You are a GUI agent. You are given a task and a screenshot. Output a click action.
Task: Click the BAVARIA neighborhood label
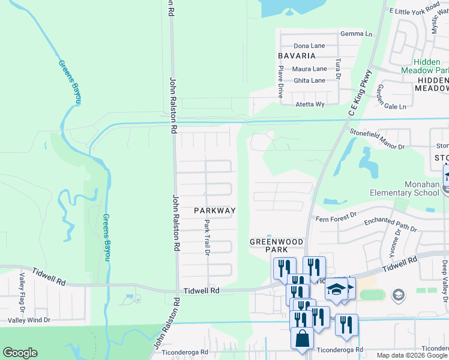[297, 56]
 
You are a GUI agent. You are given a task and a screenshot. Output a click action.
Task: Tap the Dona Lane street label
[309, 46]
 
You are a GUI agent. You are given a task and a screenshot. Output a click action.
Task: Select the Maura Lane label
[309, 69]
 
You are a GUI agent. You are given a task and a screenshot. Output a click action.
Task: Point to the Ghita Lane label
[309, 80]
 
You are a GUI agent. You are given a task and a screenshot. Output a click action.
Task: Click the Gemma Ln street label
[357, 34]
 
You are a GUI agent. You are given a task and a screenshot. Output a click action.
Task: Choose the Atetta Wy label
[309, 104]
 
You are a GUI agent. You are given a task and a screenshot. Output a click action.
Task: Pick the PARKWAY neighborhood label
[214, 211]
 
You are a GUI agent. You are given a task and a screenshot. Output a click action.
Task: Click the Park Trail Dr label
[206, 237]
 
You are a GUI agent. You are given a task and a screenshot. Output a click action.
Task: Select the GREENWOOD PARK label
[277, 245]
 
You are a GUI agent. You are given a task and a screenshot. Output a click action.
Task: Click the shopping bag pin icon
[302, 338]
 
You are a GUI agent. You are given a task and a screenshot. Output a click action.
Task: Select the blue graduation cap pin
[337, 289]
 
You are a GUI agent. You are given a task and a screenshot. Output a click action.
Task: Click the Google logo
[20, 353]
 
